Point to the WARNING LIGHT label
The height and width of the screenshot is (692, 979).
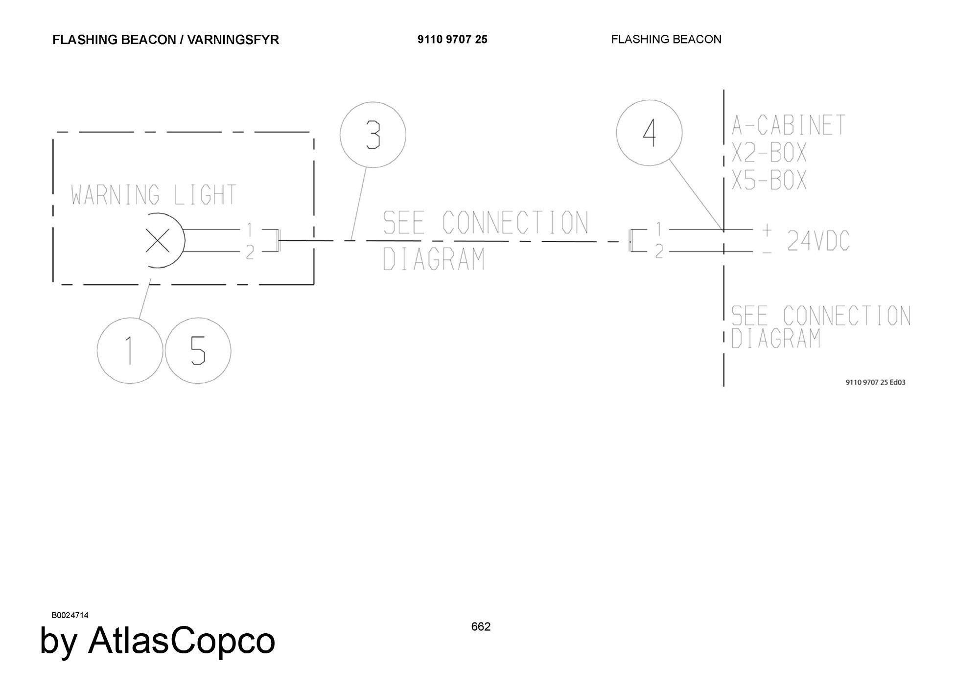pos(154,195)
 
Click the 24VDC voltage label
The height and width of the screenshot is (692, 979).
pos(818,241)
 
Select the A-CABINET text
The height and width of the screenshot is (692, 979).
pos(788,125)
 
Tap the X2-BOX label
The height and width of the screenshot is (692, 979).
pos(769,153)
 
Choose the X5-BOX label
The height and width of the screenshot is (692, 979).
pos(769,180)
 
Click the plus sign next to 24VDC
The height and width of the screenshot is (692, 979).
pos(767,229)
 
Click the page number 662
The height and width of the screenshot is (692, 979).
pos(481,627)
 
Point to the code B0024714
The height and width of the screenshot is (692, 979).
pos(70,616)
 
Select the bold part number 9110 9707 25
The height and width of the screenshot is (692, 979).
pos(452,40)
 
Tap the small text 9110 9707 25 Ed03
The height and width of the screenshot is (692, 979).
pos(876,382)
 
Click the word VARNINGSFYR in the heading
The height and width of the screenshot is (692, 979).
pos(233,40)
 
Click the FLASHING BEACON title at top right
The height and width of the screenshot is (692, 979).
pos(666,40)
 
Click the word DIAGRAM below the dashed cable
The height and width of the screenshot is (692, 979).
pos(434,259)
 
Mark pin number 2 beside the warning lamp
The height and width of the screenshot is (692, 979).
pos(250,253)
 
